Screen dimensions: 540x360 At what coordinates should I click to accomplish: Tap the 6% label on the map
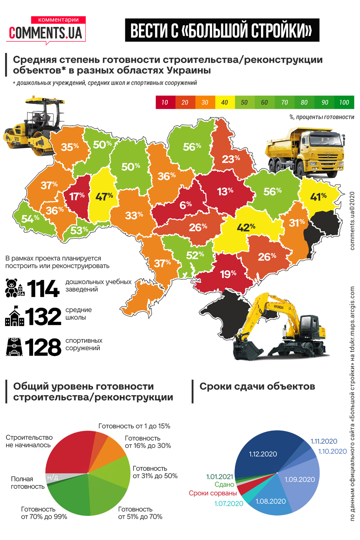point(186,205)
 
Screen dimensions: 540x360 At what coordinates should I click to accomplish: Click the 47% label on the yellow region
point(104,197)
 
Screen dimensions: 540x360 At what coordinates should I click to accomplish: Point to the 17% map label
point(77,196)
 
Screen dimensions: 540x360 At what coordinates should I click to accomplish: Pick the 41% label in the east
point(318,197)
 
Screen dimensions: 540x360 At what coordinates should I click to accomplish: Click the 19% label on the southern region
point(228,274)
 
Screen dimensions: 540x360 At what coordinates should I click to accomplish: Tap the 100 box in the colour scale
point(344,102)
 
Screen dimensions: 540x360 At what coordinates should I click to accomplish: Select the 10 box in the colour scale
point(165,102)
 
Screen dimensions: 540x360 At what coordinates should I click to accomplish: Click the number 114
point(43,288)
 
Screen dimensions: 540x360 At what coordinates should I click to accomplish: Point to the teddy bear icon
point(12,288)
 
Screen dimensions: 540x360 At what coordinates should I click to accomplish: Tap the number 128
point(43,347)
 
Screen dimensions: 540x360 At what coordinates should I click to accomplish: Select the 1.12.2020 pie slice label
point(263,454)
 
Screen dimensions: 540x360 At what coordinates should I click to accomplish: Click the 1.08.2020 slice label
point(270,501)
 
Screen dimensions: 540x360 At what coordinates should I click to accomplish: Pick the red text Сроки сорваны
point(213,493)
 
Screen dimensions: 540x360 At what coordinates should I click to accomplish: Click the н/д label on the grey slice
point(53,477)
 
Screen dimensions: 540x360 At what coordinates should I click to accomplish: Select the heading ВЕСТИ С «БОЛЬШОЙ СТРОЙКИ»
point(222,30)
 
